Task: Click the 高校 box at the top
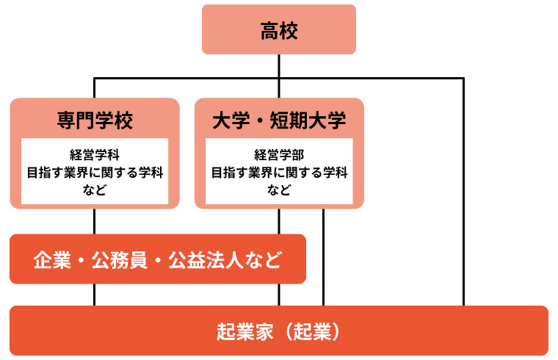click(279, 30)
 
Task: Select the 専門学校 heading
click(95, 120)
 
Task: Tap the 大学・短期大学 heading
click(279, 120)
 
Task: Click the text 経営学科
click(95, 155)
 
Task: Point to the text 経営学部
click(279, 155)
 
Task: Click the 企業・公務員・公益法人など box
click(157, 259)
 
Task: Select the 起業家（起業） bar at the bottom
click(279, 331)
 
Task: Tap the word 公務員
click(118, 259)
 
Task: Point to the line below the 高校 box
click(279, 65)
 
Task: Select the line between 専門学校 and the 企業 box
click(95, 221)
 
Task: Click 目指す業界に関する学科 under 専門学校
click(95, 173)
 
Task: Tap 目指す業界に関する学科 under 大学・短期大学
click(279, 173)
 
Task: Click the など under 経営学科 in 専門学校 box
click(95, 191)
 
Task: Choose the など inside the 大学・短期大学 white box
click(279, 191)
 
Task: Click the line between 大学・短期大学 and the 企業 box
click(279, 221)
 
